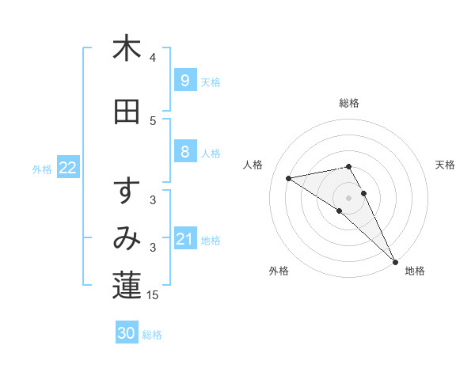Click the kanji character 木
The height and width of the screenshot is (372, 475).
pos(127,50)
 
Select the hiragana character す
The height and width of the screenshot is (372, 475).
pos(127,192)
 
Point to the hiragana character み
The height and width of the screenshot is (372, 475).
pos(127,239)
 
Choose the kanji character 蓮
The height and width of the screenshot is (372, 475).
pos(127,287)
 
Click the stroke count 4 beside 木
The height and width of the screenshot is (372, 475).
pos(153,58)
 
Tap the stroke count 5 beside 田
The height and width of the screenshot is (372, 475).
pos(153,121)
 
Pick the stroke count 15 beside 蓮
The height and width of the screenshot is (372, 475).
pos(154,295)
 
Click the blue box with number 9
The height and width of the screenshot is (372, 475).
pos(184,81)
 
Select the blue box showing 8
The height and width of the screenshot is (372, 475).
pos(184,152)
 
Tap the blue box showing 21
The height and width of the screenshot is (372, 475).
pos(184,239)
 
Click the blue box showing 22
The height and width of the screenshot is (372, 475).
pos(68,168)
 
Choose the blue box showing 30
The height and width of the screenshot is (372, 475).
pos(127,333)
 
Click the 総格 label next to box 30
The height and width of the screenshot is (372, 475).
pos(153,335)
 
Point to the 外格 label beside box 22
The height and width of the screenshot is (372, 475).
pos(42,169)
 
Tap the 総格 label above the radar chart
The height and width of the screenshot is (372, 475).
pos(349,103)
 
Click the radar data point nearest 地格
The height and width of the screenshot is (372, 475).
pos(395,262)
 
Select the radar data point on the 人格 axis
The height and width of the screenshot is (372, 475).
pos(290,178)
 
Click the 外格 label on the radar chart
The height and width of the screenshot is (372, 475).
pos(279,271)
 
